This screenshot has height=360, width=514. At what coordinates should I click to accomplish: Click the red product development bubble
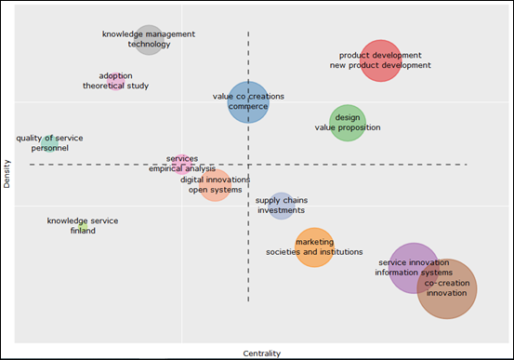(380, 60)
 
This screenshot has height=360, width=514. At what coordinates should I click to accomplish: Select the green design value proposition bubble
(348, 123)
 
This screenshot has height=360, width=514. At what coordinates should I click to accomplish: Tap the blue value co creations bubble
(248, 101)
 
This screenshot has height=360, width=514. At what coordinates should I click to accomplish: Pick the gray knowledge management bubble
(149, 39)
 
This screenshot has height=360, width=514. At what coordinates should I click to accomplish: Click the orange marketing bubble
(314, 247)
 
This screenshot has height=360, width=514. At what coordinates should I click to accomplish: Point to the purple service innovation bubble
(414, 268)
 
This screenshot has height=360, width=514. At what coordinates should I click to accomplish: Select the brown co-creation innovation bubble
(447, 288)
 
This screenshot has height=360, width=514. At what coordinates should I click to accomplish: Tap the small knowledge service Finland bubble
(83, 226)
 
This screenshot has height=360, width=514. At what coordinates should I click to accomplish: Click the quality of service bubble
(49, 142)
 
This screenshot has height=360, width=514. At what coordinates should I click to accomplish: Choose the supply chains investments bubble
(281, 206)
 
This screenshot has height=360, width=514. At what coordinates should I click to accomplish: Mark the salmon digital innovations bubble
(215, 185)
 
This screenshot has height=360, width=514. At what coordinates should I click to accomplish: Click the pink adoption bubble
(115, 81)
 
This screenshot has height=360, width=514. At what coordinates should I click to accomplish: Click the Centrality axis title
(261, 353)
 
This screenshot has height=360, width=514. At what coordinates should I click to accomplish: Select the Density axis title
(7, 174)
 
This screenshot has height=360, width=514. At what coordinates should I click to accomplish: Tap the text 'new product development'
(380, 66)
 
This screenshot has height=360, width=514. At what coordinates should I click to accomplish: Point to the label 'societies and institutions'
(314, 252)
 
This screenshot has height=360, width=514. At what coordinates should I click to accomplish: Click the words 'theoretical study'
(116, 87)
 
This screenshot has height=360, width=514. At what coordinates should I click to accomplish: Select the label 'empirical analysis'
(182, 169)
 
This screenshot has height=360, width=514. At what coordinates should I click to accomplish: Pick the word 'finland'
(83, 231)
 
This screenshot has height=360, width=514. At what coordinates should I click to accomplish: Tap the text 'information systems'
(414, 273)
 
